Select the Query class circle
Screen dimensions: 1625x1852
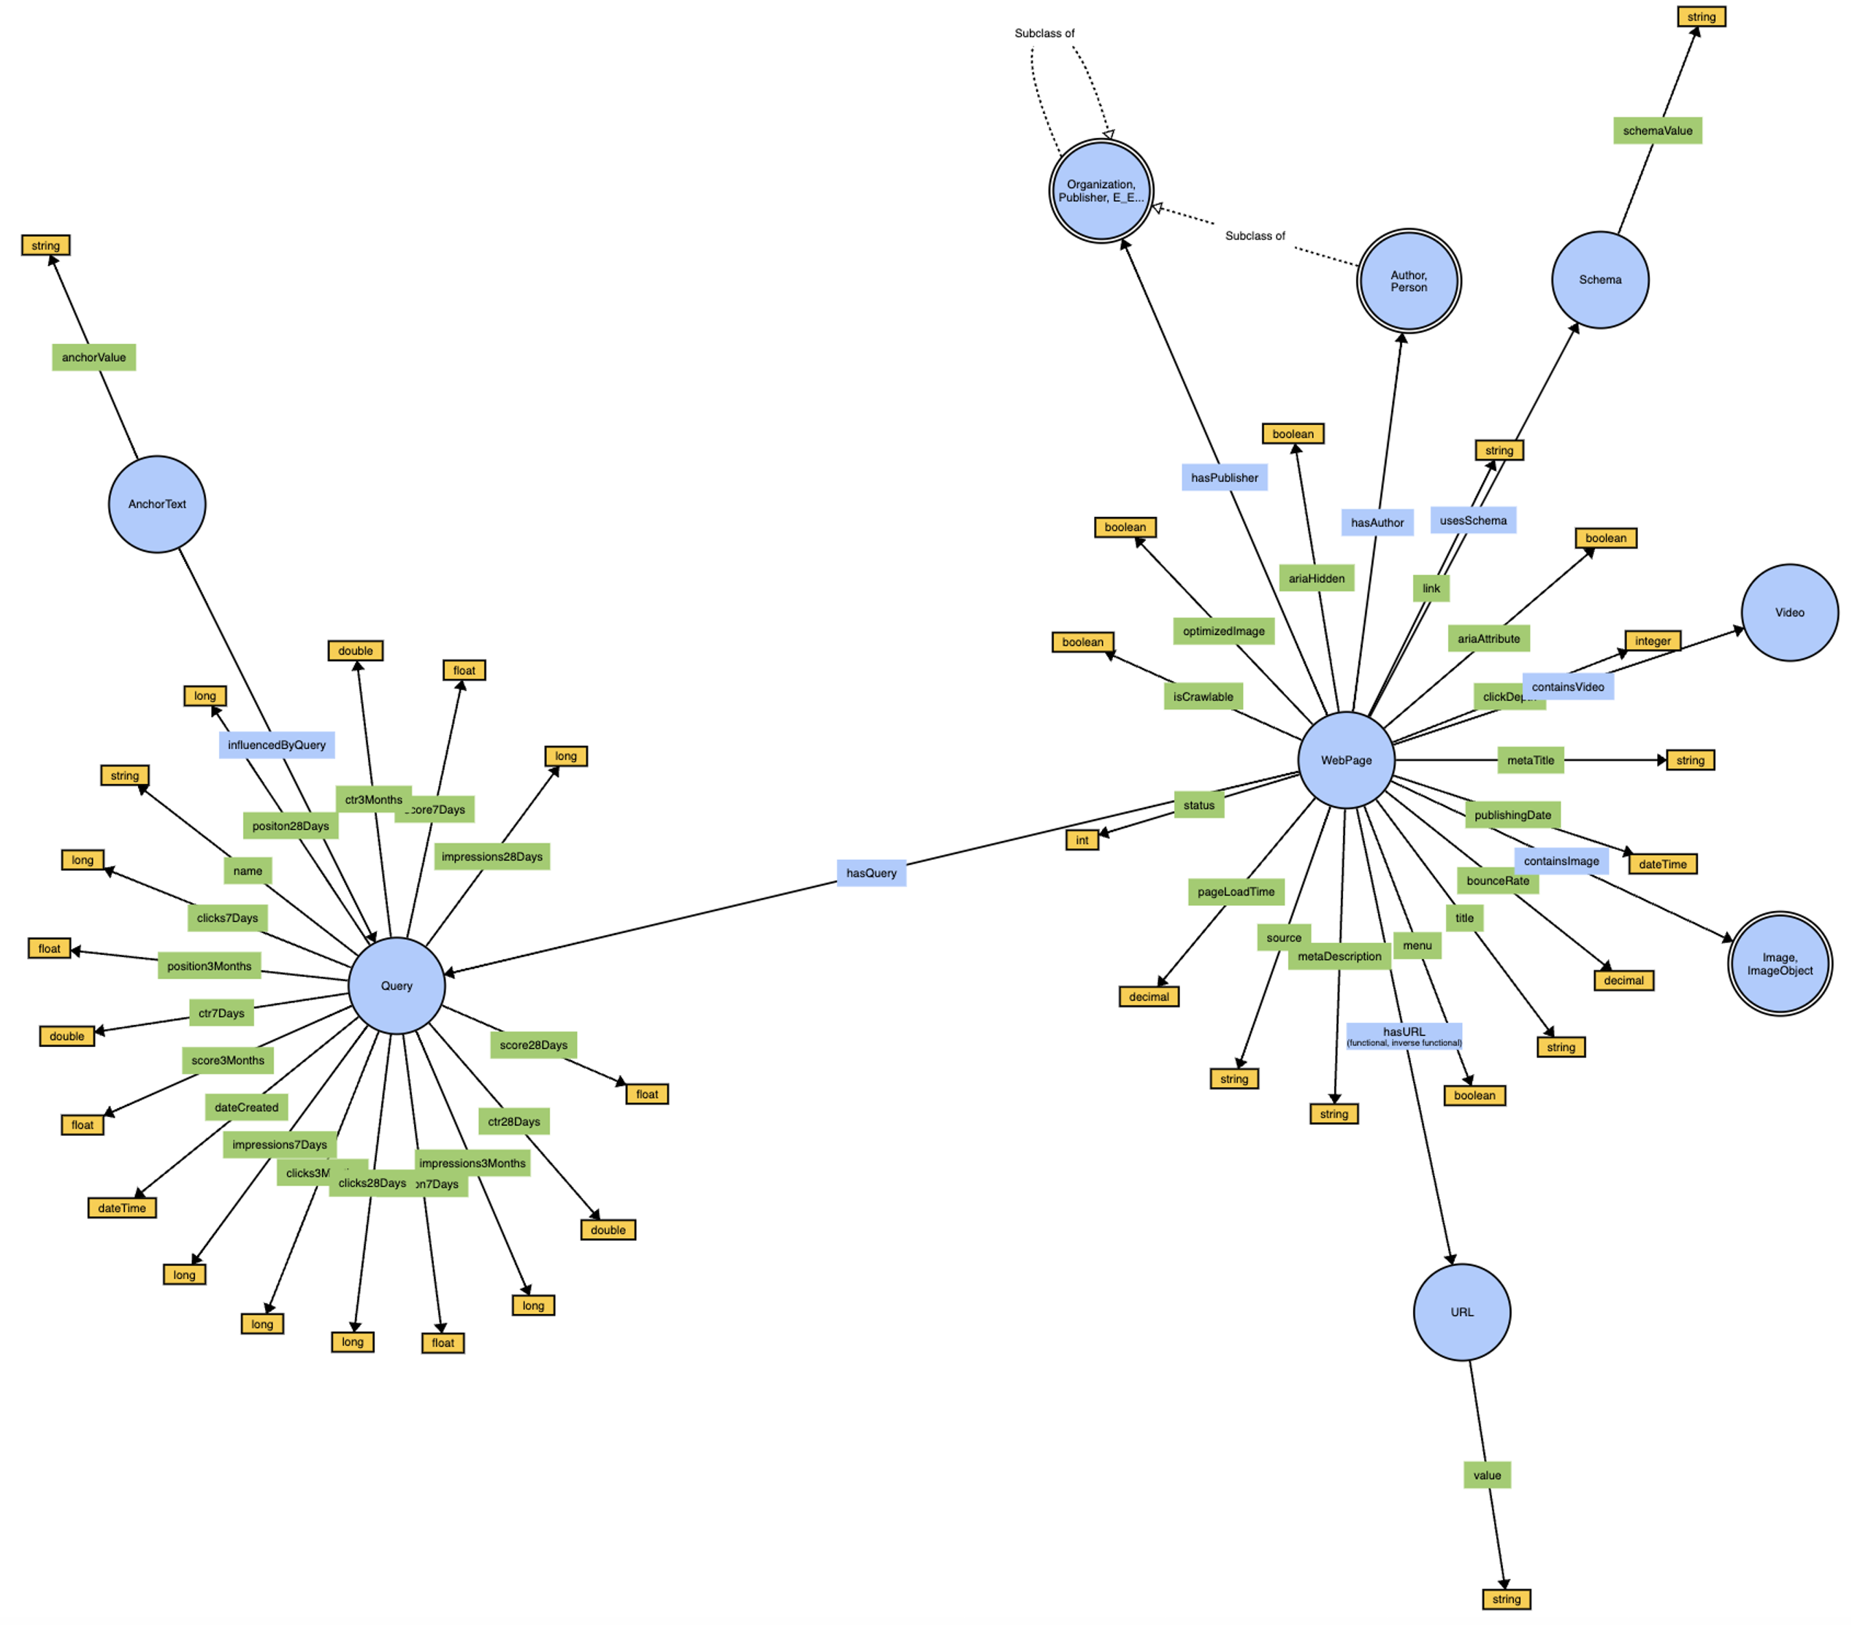pyautogui.click(x=396, y=986)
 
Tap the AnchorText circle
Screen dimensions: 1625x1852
pyautogui.click(x=157, y=504)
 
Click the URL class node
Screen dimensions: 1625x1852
pyautogui.click(x=1461, y=1312)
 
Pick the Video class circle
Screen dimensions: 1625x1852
pyautogui.click(x=1788, y=612)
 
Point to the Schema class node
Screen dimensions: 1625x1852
pyautogui.click(x=1599, y=280)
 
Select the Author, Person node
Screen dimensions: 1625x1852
pyautogui.click(x=1408, y=281)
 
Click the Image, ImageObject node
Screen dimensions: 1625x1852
pyautogui.click(x=1779, y=964)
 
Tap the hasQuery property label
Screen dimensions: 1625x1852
pyautogui.click(x=870, y=873)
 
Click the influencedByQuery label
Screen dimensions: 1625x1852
pyautogui.click(x=276, y=745)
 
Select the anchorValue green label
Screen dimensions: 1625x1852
pyautogui.click(x=93, y=357)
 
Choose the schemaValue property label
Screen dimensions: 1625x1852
pyautogui.click(x=1656, y=131)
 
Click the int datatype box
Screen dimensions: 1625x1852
pyautogui.click(x=1081, y=840)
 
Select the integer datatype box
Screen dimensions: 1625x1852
pyautogui.click(x=1652, y=640)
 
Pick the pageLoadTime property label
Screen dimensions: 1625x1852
pyautogui.click(x=1235, y=891)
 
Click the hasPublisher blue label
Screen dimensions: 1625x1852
pyautogui.click(x=1223, y=477)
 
